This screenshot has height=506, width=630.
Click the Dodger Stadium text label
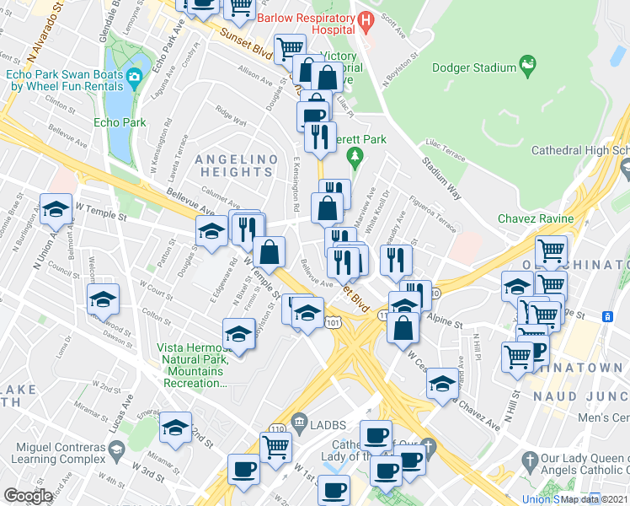473,67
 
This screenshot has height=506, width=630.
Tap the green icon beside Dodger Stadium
528,64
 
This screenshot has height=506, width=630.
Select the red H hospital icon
365,19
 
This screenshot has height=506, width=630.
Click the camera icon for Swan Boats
134,78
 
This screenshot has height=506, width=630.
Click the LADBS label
327,421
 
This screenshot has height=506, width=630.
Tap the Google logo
28,496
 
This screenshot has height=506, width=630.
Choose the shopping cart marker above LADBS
275,446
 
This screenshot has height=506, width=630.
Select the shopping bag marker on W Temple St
270,250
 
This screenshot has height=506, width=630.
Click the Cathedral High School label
579,151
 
